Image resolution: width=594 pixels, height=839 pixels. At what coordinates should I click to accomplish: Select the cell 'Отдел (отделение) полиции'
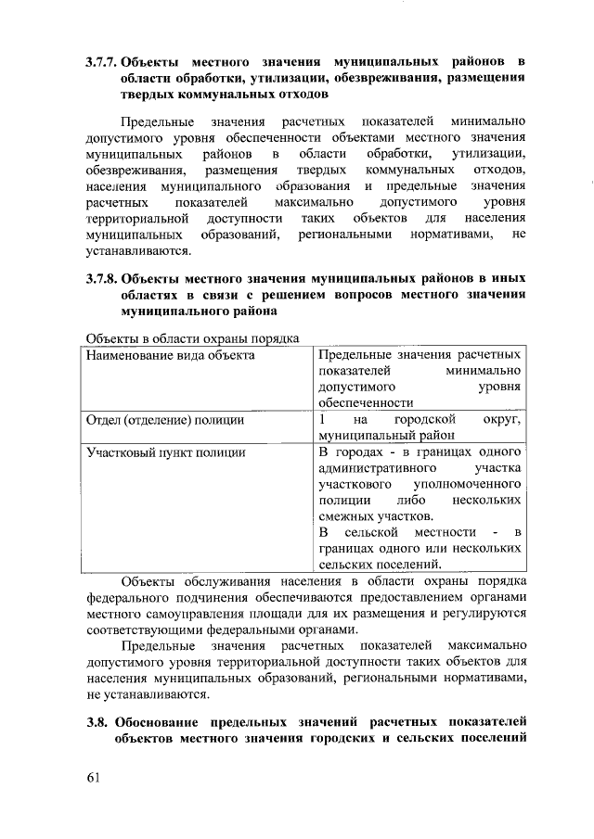(x=164, y=420)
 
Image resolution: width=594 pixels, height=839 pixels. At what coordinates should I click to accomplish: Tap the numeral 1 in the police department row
(x=322, y=419)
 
